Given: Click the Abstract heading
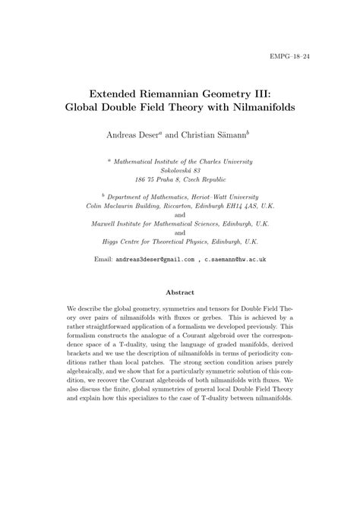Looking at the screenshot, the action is click(x=180, y=292).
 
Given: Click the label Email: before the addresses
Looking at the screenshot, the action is click(x=103, y=259).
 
